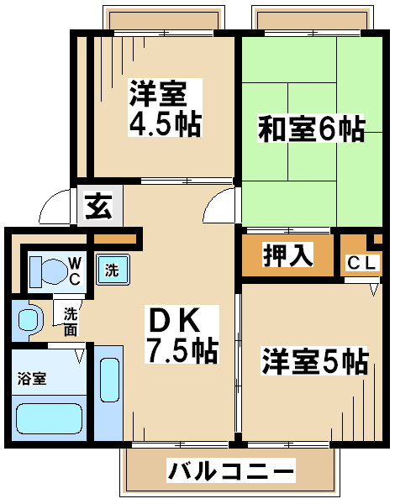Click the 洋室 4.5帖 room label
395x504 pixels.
coord(166,108)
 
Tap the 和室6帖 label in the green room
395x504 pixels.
coord(311,129)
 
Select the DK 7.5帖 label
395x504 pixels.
coord(182,334)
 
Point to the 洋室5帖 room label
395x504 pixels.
coord(314,360)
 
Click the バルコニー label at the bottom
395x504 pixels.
coord(231,470)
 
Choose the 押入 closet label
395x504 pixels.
coord(288,255)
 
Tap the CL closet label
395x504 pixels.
coord(362,264)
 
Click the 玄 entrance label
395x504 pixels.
coord(99,206)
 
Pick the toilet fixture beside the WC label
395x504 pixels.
coord(47,271)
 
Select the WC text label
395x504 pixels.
coord(75,271)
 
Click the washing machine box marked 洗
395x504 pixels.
coord(113,270)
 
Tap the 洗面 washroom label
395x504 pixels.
coord(71,322)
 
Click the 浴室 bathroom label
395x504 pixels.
coord(32,379)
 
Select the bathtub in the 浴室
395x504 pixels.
coord(49,418)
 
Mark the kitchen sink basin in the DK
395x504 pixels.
coord(110,380)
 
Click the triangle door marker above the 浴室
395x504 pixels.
coord(79,356)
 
